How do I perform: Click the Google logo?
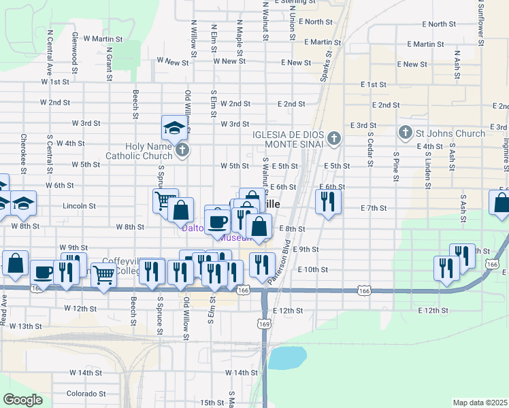(x=22, y=400)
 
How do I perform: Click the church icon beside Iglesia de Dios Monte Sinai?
(x=333, y=139)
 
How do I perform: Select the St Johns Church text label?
(x=450, y=133)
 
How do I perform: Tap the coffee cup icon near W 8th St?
(x=218, y=221)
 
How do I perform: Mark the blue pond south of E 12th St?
(x=287, y=358)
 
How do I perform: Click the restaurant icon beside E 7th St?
(x=327, y=202)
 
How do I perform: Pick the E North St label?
(x=314, y=22)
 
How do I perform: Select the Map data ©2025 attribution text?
(x=480, y=403)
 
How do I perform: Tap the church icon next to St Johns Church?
(x=405, y=133)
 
